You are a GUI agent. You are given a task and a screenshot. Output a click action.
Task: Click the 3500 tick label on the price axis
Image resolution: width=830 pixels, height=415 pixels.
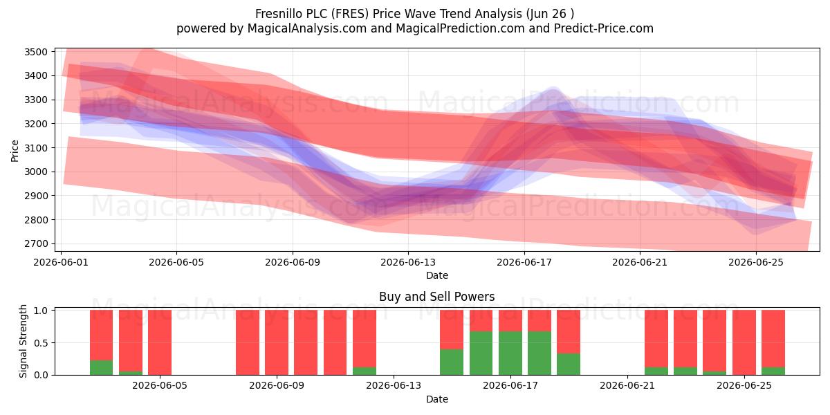tap(36, 52)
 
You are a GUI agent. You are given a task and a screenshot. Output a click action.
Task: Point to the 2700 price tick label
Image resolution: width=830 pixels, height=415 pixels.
tap(36, 243)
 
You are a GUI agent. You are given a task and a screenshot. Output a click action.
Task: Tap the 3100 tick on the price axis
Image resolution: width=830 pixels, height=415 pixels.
tap(36, 148)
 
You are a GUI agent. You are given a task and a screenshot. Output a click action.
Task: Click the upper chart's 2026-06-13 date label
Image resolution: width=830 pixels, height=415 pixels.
tap(408, 262)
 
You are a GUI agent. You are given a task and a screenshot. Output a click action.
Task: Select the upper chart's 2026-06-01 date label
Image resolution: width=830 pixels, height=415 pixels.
tap(61, 262)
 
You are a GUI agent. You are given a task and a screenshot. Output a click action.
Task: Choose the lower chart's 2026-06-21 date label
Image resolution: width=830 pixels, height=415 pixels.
tap(627, 386)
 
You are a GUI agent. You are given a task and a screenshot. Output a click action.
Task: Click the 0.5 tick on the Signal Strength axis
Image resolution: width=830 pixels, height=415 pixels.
tap(41, 343)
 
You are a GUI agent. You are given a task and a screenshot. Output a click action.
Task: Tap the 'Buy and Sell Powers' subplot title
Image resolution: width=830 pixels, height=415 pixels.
tap(437, 297)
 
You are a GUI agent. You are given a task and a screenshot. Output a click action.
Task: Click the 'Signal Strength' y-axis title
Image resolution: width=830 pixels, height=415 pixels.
tap(23, 341)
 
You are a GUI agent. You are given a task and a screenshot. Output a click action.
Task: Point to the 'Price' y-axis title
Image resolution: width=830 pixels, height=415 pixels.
tap(15, 151)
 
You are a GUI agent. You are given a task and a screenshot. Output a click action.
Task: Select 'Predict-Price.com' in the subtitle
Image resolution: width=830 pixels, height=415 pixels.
tap(604, 28)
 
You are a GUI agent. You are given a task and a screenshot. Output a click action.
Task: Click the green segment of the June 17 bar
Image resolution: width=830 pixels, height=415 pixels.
tap(510, 353)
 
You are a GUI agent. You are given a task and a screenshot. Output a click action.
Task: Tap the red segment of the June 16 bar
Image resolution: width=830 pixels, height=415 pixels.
tap(481, 320)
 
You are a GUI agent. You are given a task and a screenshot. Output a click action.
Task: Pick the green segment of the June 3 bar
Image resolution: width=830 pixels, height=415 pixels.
tap(101, 367)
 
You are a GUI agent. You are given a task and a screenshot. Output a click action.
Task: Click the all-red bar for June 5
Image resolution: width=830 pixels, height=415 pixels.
tap(160, 342)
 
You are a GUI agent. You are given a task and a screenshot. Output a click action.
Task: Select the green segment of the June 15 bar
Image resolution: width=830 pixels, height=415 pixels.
tap(452, 362)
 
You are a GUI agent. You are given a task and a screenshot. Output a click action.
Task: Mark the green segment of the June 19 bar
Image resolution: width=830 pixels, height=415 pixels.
tap(569, 365)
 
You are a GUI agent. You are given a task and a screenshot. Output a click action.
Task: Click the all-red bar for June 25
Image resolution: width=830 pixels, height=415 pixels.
tap(744, 342)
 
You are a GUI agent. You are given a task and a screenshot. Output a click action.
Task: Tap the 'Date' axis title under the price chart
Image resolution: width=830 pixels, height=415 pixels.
tap(437, 275)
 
